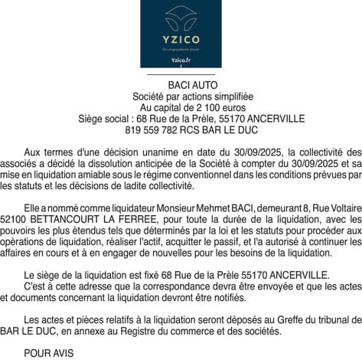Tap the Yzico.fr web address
coord(181,60)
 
